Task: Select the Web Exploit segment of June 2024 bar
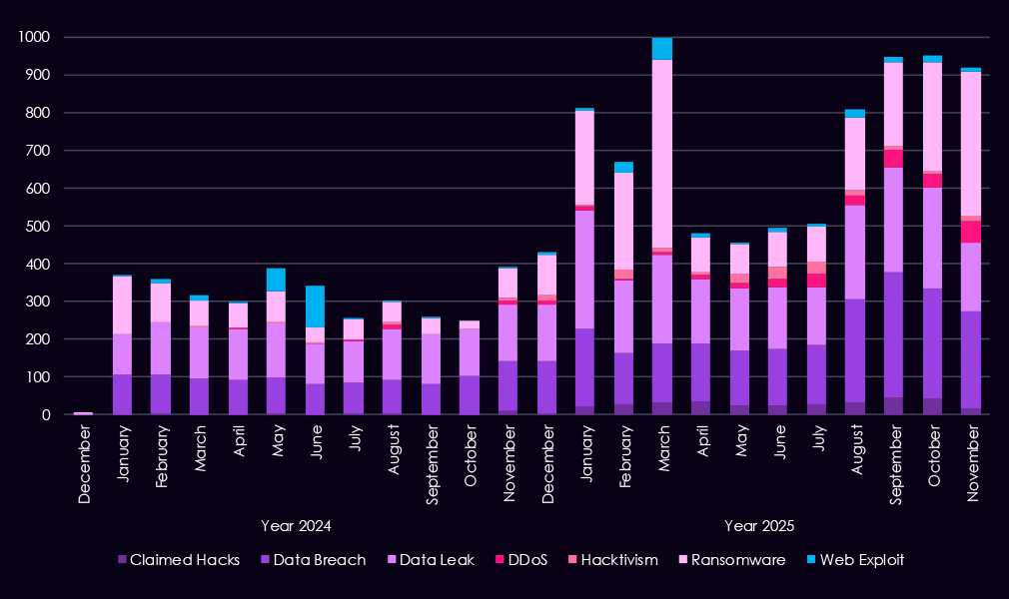pyautogui.click(x=315, y=306)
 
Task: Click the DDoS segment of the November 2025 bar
pyautogui.click(x=969, y=232)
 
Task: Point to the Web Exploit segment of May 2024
pyautogui.click(x=276, y=280)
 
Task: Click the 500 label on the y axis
pyautogui.click(x=39, y=226)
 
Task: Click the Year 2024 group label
pyautogui.click(x=296, y=525)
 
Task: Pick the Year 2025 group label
pyautogui.click(x=759, y=525)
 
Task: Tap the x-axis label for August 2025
pyautogui.click(x=855, y=454)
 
